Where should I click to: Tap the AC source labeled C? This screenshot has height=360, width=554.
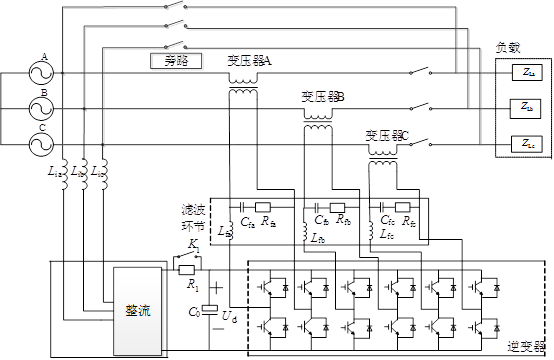pyautogui.click(x=44, y=144)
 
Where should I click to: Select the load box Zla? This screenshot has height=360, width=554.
pyautogui.click(x=528, y=73)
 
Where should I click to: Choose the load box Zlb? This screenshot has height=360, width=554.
pyautogui.click(x=528, y=108)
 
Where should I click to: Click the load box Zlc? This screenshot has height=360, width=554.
pyautogui.click(x=528, y=143)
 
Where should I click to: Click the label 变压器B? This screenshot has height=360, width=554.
pyautogui.click(x=323, y=97)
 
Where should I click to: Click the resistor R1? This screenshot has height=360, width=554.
pyautogui.click(x=185, y=268)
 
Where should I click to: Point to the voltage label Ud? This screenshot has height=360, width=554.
pyautogui.click(x=229, y=317)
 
